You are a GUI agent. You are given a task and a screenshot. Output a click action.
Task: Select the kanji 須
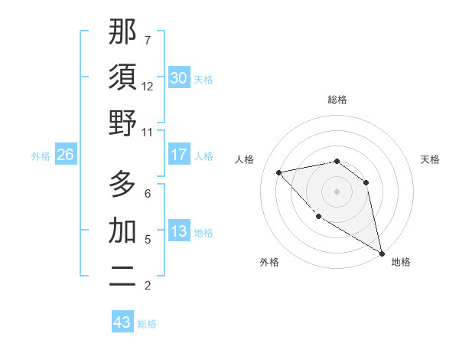pyautogui.click(x=123, y=77)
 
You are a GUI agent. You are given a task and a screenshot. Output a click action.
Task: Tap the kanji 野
pyautogui.click(x=123, y=123)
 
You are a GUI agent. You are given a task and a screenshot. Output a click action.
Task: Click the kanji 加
pyautogui.click(x=123, y=230)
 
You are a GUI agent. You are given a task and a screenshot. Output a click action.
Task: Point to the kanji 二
pyautogui.click(x=123, y=276)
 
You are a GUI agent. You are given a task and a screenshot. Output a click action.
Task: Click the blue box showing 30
pyautogui.click(x=179, y=77)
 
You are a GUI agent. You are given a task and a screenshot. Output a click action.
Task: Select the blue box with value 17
pyautogui.click(x=179, y=155)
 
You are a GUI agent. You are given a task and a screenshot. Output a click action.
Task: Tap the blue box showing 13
pyautogui.click(x=179, y=232)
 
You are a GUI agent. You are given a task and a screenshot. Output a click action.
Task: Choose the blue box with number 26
pyautogui.click(x=66, y=155)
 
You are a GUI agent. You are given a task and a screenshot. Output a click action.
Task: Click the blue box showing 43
pyautogui.click(x=122, y=322)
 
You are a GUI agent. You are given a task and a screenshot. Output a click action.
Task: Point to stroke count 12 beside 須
pyautogui.click(x=148, y=86)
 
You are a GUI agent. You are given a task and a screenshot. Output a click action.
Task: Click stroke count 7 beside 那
pyautogui.click(x=148, y=40)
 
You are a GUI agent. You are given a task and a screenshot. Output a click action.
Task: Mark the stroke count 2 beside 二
pyautogui.click(x=148, y=286)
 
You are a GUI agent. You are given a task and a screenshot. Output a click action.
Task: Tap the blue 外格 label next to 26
pyautogui.click(x=41, y=156)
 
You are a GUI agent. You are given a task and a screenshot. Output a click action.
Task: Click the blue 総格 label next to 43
pyautogui.click(x=147, y=324)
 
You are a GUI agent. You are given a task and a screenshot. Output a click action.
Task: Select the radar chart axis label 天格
pyautogui.click(x=431, y=159)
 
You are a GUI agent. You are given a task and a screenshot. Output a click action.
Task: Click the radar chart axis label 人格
pyautogui.click(x=246, y=159)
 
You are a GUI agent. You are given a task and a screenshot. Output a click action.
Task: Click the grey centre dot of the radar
pyautogui.click(x=337, y=191)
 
